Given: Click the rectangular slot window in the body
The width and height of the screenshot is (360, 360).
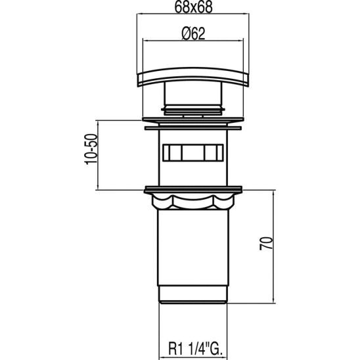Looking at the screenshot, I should click(192, 152).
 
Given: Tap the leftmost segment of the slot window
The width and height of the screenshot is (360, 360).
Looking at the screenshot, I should click(168, 152).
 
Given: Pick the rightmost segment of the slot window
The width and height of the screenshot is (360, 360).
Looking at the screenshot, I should click(216, 152).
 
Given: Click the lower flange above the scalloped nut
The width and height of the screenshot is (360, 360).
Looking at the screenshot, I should click(192, 190).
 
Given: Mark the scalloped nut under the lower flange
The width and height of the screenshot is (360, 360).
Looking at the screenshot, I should click(192, 200).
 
